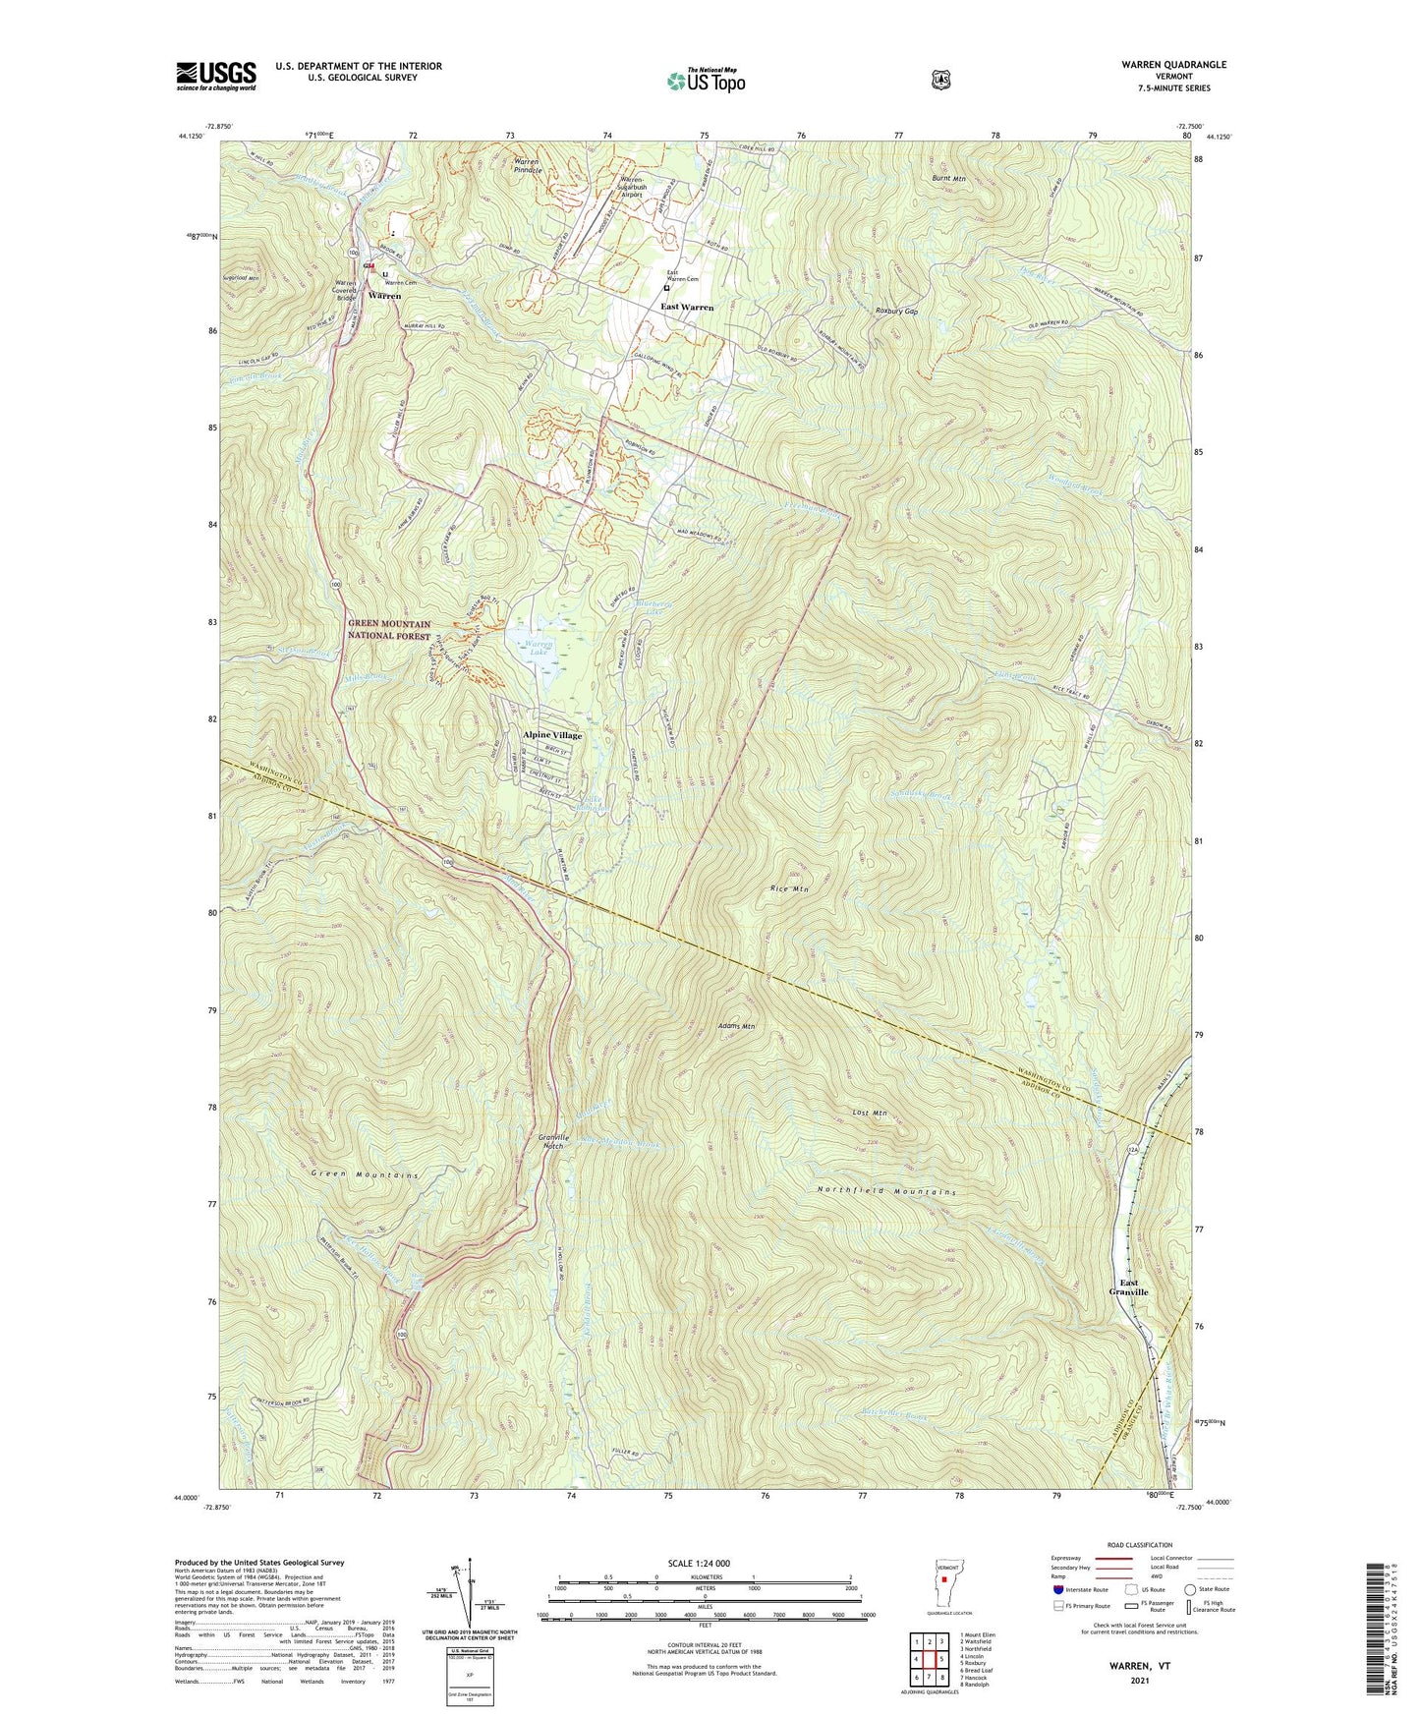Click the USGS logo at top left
(x=216, y=76)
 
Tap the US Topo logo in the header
(x=705, y=81)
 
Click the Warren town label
(x=384, y=296)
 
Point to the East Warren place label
(x=687, y=308)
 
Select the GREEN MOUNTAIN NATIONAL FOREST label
(x=389, y=630)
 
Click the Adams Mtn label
(x=736, y=1026)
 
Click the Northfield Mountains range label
(x=886, y=1192)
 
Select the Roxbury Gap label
(x=896, y=311)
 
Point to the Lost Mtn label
(x=870, y=1114)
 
